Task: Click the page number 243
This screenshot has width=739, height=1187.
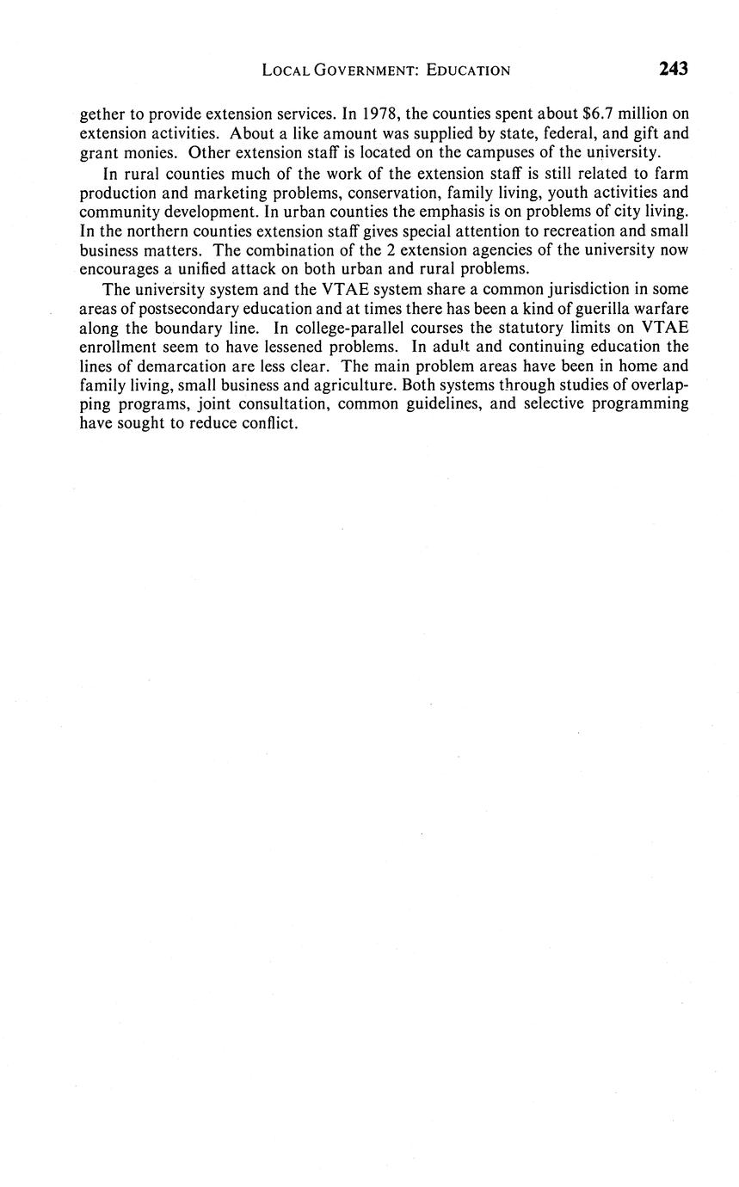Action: click(x=674, y=70)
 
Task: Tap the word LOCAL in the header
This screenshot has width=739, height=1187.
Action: click(x=285, y=71)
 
